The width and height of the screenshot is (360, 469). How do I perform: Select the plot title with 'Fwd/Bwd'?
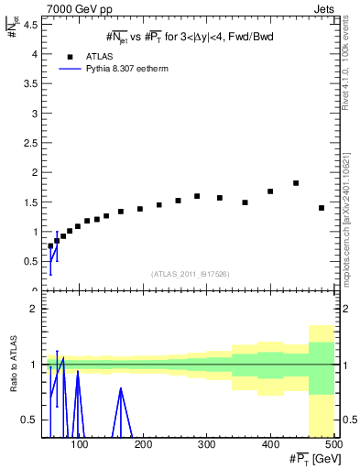190,37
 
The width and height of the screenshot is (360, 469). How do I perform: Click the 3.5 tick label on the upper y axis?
31,83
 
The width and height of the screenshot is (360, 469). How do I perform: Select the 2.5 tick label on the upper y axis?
31,143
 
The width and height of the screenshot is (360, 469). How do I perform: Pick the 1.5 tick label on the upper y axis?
31,202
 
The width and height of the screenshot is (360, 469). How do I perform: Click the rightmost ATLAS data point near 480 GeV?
322,208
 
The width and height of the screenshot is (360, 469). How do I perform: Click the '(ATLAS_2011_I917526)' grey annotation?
189,273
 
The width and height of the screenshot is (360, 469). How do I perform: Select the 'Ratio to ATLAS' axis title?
15,363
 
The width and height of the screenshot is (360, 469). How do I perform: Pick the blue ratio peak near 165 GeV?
121,388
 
